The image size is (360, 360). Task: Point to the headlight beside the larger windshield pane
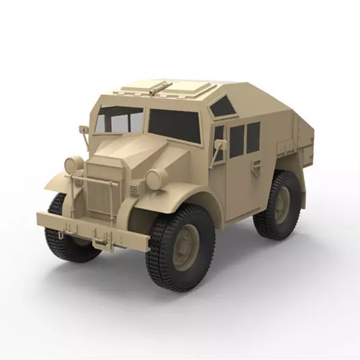tap(157, 179)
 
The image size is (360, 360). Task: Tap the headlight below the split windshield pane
tap(74, 165)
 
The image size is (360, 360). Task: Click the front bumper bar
tap(90, 230)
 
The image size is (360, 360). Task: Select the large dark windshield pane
tap(174, 124)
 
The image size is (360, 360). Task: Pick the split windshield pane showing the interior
tap(120, 121)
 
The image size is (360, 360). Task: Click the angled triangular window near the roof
tap(223, 107)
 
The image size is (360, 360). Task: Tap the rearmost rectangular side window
tap(253, 137)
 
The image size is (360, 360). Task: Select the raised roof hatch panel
tap(180, 89)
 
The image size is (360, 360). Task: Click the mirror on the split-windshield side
tap(84, 130)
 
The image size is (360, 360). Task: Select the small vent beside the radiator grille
tap(133, 190)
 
